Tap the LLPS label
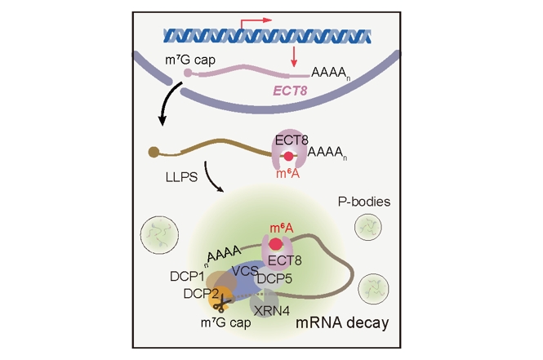180,176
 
